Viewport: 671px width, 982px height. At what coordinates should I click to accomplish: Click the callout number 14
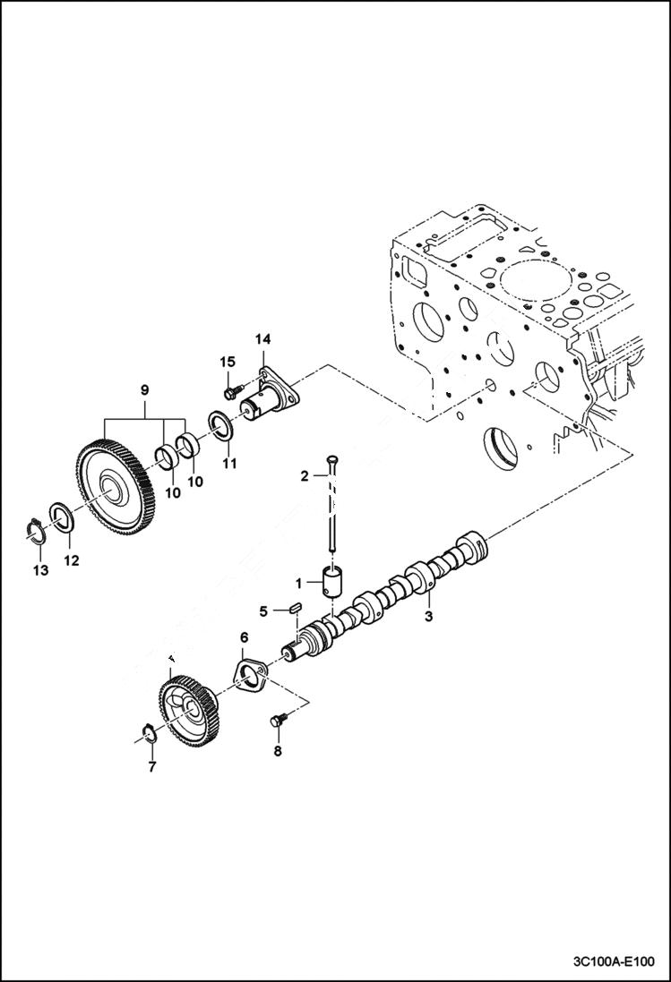[x=262, y=339]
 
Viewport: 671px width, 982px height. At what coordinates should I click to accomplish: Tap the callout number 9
[x=144, y=390]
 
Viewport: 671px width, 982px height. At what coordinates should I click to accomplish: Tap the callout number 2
[x=304, y=476]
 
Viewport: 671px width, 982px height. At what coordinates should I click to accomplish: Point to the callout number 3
[x=428, y=617]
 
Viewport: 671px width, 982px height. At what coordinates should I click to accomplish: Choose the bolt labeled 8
[x=276, y=721]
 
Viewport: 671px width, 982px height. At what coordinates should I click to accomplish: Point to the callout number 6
[x=243, y=637]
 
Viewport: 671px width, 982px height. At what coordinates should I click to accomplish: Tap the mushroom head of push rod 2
[x=333, y=459]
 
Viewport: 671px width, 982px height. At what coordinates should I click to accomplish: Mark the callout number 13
[x=38, y=570]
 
